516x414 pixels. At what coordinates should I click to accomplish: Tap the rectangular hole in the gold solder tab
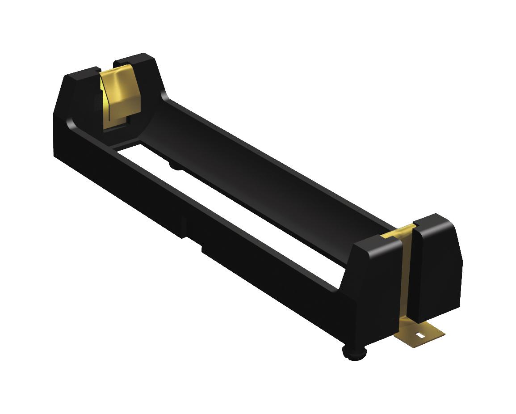tap(420, 335)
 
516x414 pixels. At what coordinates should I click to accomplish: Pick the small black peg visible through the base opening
tap(176, 165)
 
